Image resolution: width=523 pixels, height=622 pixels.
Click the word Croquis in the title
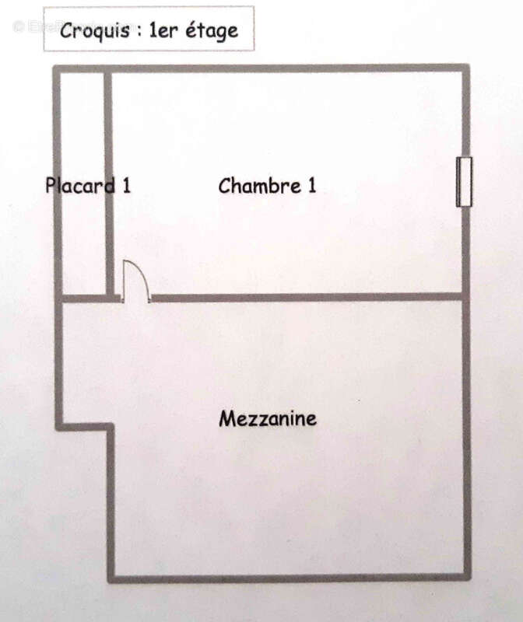[95, 31]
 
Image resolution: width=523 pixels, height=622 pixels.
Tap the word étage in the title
[212, 31]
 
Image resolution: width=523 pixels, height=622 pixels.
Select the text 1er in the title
[163, 31]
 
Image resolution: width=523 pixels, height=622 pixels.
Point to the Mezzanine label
[268, 418]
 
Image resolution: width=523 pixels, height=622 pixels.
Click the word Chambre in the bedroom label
[259, 186]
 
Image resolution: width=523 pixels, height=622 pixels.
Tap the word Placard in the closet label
[81, 185]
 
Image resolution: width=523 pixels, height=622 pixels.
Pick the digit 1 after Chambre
[312, 186]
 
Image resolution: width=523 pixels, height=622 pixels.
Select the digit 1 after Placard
[127, 185]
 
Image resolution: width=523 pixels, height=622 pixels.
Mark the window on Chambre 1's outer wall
[464, 182]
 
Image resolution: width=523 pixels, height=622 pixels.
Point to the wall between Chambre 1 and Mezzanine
[306, 297]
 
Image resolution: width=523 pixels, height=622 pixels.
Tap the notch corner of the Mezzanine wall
[111, 427]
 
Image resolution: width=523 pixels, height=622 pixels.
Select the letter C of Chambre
[224, 186]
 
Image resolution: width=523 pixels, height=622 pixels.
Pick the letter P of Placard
[51, 185]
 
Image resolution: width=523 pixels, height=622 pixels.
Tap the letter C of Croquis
[67, 31]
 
